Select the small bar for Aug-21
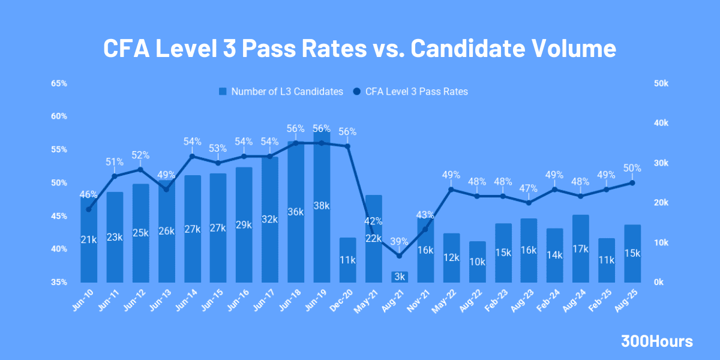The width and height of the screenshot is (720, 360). (x=400, y=277)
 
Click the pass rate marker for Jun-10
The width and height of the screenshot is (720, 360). (x=89, y=209)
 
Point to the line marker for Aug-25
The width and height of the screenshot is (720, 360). (x=632, y=183)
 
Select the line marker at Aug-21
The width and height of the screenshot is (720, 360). (x=400, y=256)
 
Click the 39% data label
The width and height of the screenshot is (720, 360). (x=399, y=241)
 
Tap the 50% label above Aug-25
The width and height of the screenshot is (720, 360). (x=632, y=168)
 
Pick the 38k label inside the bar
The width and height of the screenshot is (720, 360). (x=322, y=206)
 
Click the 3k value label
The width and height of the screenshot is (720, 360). (x=400, y=277)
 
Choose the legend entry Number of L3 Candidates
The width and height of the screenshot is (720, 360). (x=280, y=92)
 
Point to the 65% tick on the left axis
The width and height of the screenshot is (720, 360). (x=59, y=83)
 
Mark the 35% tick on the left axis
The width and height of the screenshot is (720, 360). (x=59, y=282)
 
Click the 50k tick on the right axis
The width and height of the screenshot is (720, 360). (x=661, y=83)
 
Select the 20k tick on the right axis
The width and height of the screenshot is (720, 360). (x=661, y=203)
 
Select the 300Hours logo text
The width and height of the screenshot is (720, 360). (x=656, y=341)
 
